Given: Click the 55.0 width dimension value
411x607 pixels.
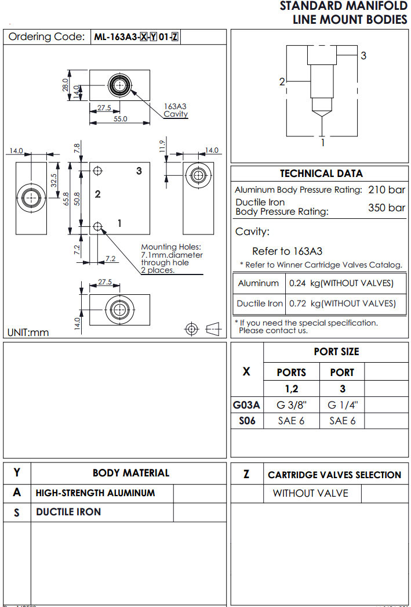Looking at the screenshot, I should point(120,119).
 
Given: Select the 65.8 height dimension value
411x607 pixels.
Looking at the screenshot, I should point(66,199).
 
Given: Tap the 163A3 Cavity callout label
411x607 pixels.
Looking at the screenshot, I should point(176,110).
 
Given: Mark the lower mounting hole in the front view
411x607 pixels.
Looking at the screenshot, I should point(97,226).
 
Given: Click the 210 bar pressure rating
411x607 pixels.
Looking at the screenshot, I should point(387,190).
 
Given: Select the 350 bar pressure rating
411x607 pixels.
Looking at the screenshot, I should point(387,208).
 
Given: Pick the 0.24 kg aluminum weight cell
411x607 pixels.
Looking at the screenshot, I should point(341,283).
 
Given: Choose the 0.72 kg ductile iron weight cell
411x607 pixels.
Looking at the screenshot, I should point(343,303).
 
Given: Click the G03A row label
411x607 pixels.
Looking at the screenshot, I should point(246,405).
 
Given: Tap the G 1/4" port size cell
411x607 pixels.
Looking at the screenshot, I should point(342,405).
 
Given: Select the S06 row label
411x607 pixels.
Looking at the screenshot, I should point(247,421).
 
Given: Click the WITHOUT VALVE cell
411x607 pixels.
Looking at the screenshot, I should point(311,493).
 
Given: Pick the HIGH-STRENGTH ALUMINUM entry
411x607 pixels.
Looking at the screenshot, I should point(96,493).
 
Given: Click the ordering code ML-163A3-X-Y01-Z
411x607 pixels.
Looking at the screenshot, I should point(136,37).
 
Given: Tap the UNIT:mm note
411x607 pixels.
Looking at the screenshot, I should point(28,333).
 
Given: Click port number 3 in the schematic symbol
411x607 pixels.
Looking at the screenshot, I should point(363,56).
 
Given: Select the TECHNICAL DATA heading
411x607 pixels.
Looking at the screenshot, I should point(321,174).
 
